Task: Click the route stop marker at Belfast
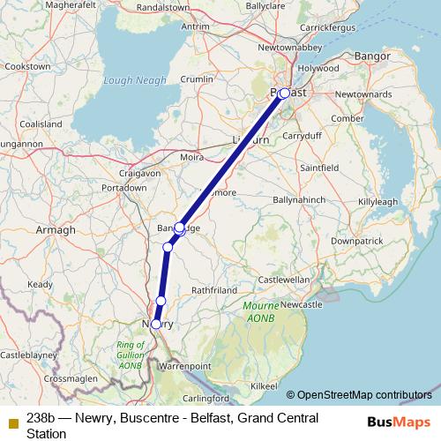click(284, 92)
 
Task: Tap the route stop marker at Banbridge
click(179, 228)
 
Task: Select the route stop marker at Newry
click(156, 324)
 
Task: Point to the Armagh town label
click(56, 229)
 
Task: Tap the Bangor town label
click(365, 56)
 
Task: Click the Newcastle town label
click(300, 303)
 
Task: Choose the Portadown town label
click(123, 188)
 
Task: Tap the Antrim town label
click(194, 26)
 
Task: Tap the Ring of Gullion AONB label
click(131, 355)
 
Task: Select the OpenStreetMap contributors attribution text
click(364, 394)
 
